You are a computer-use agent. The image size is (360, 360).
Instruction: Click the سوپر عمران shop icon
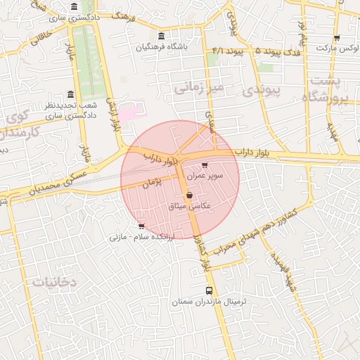pyautogui.click(x=205, y=166)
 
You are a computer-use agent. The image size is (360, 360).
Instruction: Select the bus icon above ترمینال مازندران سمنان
pyautogui.click(x=208, y=290)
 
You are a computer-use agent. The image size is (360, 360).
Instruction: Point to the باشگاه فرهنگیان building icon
pyautogui.click(x=162, y=37)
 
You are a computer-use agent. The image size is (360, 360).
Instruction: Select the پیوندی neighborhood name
pyautogui.click(x=261, y=91)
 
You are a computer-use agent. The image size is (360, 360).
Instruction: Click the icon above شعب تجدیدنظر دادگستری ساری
pyautogui.click(x=70, y=95)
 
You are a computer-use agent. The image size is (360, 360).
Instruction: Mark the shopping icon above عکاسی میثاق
pyautogui.click(x=189, y=195)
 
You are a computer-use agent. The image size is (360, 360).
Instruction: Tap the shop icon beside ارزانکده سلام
pyautogui.click(x=142, y=226)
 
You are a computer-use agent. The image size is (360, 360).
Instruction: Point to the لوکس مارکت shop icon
pyautogui.click(x=337, y=39)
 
